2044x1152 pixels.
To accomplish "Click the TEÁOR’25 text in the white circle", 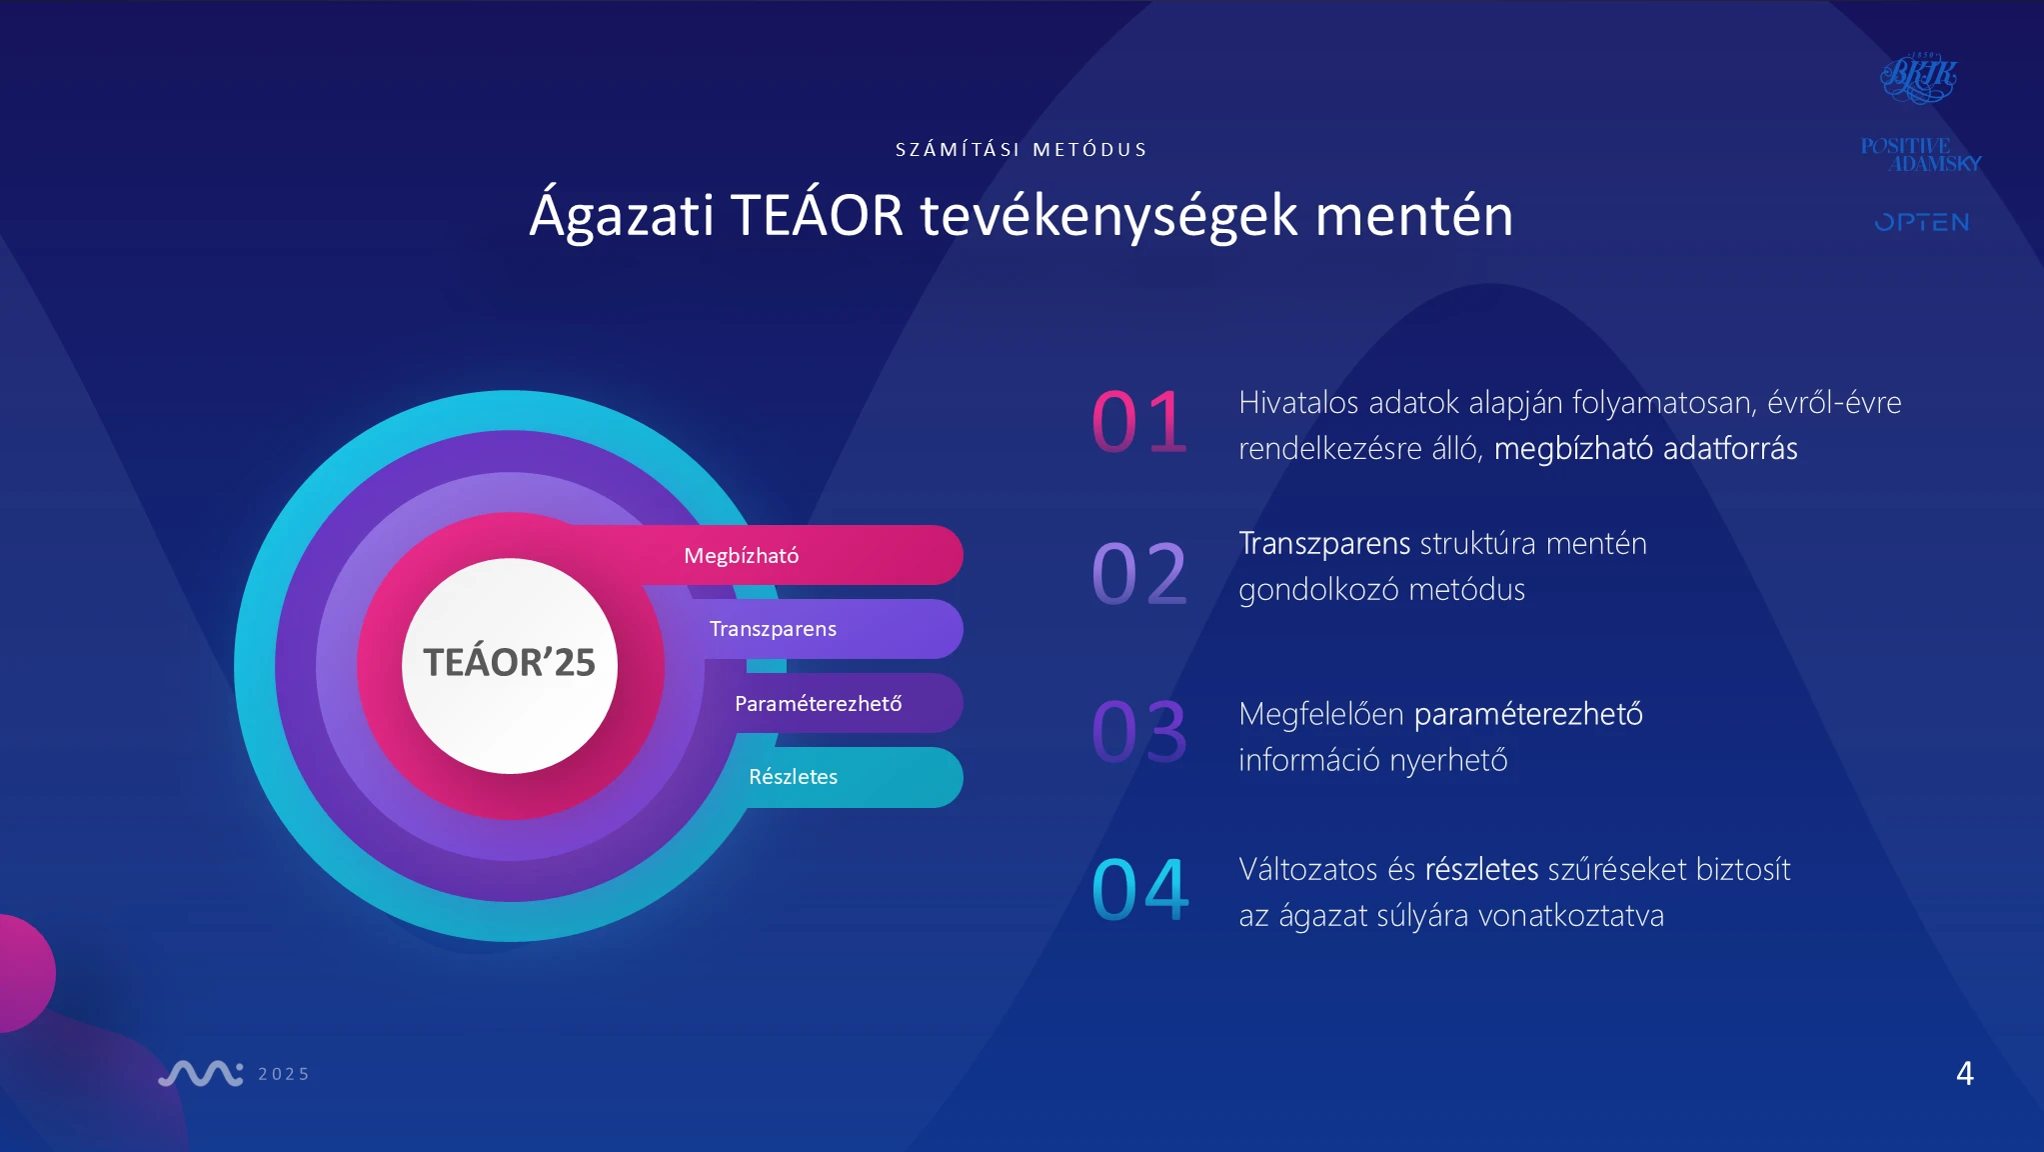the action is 509,662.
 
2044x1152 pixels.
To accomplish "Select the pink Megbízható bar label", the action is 741,556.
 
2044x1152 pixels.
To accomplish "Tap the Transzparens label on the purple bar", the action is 773,629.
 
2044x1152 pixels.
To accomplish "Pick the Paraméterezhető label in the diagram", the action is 818,703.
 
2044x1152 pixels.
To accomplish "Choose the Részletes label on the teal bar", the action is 793,776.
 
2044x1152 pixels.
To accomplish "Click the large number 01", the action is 1139,421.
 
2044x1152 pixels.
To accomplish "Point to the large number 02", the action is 1139,573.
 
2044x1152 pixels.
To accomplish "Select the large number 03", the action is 1139,731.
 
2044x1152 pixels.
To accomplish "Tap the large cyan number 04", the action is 1139,889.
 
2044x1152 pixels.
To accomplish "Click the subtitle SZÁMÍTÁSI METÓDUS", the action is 1022,150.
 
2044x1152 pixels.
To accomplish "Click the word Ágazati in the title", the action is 622,215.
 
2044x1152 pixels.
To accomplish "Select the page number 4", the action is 1965,1073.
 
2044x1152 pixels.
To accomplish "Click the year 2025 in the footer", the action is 284,1074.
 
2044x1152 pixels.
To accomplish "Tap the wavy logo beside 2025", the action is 201,1073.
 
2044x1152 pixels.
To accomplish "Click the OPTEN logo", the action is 1922,222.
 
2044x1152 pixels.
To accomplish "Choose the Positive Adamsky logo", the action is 1921,155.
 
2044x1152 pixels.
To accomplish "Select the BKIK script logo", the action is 1918,78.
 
